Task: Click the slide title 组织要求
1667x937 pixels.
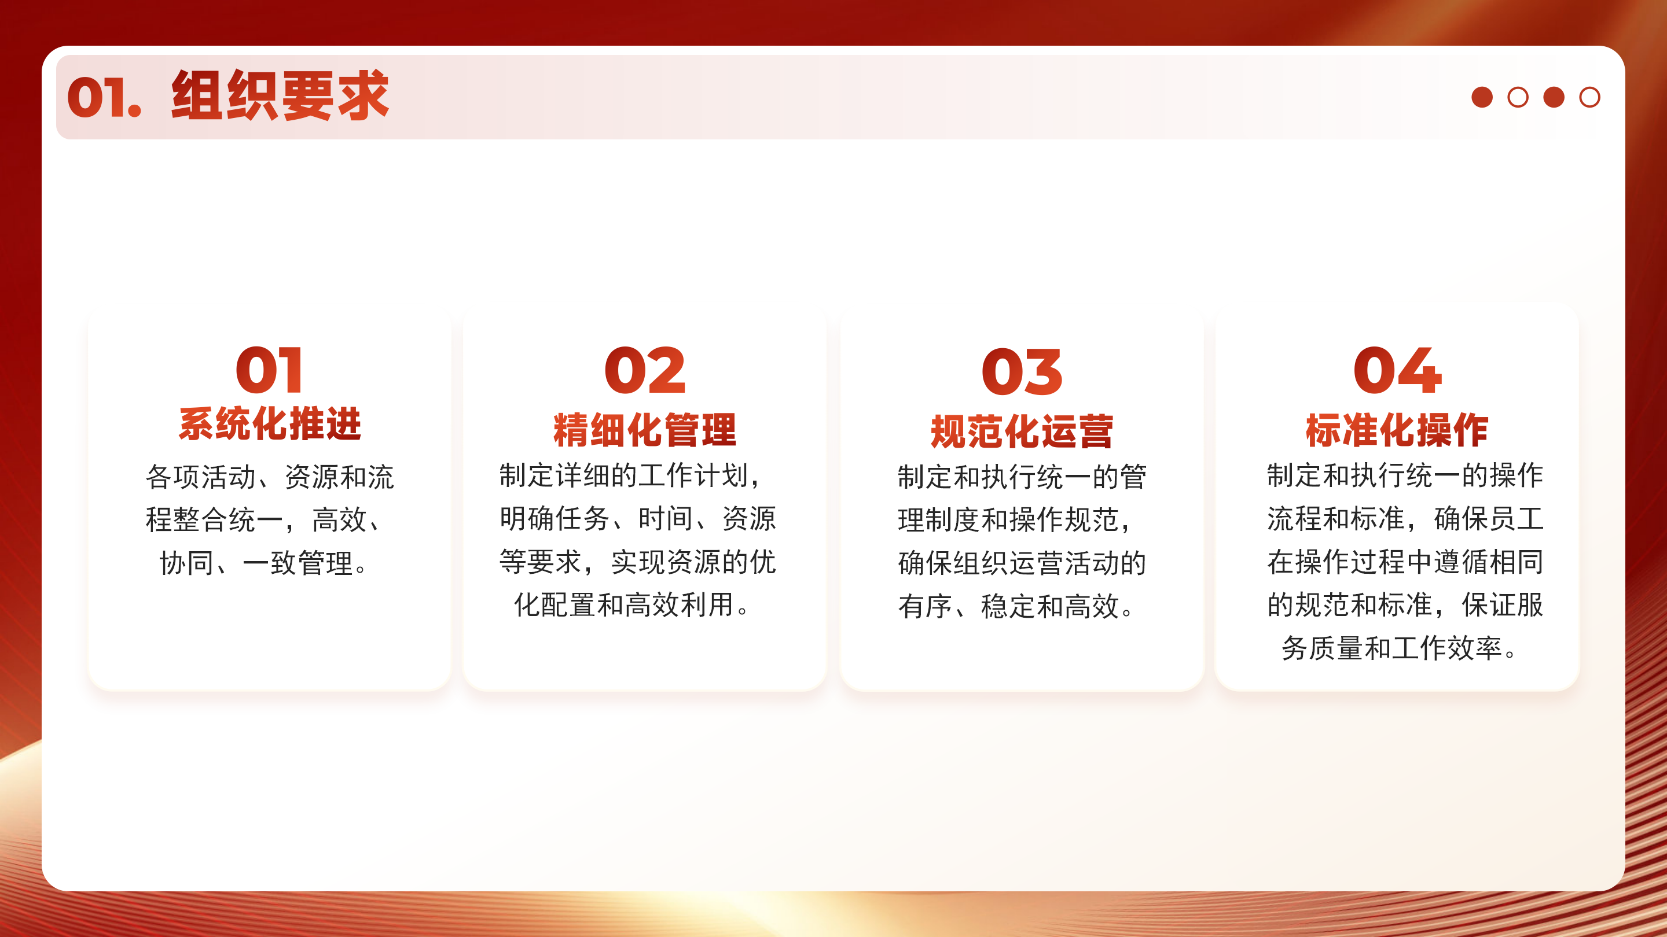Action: [280, 95]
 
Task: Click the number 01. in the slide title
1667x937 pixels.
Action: [104, 98]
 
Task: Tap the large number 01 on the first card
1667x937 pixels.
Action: [269, 370]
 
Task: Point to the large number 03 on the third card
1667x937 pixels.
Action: [1022, 372]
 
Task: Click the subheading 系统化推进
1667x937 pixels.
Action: [270, 424]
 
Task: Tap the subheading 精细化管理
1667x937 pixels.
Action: [645, 430]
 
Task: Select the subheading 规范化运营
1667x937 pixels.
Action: [1022, 432]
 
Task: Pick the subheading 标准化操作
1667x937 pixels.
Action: [1397, 430]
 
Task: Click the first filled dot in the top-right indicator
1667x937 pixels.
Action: [1482, 97]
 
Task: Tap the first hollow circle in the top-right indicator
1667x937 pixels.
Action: [1518, 97]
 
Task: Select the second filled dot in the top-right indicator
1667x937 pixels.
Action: [1554, 97]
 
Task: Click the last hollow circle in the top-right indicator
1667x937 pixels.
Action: [1590, 97]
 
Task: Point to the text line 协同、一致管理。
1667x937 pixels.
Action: [263, 563]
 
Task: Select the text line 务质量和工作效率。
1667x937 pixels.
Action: [1398, 648]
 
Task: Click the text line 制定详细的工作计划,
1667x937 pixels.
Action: [630, 475]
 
